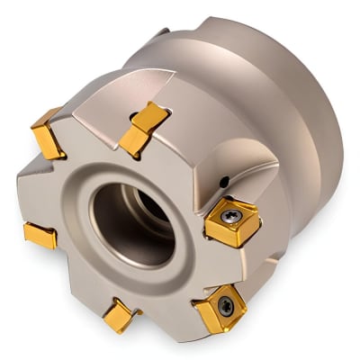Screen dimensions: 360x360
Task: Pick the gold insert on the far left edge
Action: pos(40,235)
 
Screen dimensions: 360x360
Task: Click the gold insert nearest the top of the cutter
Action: pos(139,125)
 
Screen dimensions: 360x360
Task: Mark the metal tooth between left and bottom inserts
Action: pos(72,279)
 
